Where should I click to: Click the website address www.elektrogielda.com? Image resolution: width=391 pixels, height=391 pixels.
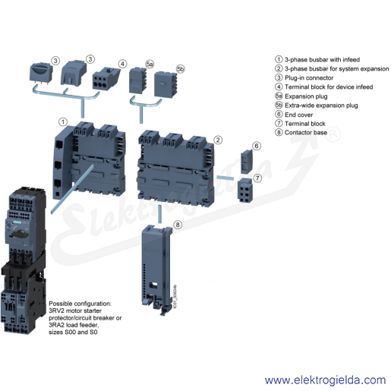[325, 380]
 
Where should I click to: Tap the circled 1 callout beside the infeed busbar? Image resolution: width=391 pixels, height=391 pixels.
[63, 122]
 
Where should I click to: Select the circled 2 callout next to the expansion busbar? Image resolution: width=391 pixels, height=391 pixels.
[218, 140]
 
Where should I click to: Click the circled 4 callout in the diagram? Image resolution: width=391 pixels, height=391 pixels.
[122, 64]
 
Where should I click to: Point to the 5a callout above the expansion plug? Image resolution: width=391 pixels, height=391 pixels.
[150, 65]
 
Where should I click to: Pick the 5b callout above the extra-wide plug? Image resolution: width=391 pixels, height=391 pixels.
[181, 69]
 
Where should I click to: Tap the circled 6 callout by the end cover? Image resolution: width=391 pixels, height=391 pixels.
[257, 146]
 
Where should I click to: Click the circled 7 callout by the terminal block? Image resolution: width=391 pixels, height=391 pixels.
[257, 178]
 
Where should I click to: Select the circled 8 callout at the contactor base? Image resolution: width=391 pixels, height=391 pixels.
[178, 225]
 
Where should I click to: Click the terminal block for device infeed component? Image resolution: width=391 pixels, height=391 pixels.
[106, 78]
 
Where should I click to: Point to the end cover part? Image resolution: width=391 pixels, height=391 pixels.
[247, 162]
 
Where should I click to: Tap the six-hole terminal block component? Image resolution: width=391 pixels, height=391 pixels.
[244, 190]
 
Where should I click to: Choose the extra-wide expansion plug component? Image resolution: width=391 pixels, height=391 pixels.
[166, 84]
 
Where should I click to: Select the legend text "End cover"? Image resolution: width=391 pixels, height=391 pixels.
[298, 115]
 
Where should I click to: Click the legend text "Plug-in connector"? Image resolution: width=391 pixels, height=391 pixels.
[309, 78]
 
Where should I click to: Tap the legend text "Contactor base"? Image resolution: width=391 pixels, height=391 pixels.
[306, 133]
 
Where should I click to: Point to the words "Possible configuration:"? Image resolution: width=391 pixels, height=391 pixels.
[80, 304]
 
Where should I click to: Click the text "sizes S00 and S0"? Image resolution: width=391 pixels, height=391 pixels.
[73, 332]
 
